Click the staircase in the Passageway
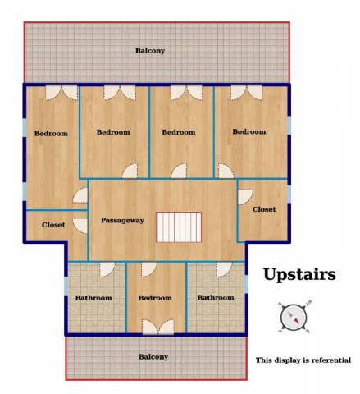pos(179,227)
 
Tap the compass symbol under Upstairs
pos(294,318)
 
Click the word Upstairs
pos(299,274)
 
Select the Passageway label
pos(122,221)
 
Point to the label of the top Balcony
pos(150,51)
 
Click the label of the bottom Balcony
pos(153,357)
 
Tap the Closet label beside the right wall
pos(264,209)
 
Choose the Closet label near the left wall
pos(53,225)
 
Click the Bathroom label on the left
pos(93,298)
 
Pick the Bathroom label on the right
pos(216,298)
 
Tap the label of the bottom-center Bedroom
pos(155,298)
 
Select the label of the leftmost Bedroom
pos(51,134)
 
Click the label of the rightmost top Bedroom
pos(249,132)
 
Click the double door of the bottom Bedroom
pos(158,327)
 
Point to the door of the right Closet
pos(245,197)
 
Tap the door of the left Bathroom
pos(107,269)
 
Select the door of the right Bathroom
pos(225,269)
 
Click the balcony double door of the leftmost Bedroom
pos(62,93)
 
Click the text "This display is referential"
pos(303,360)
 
